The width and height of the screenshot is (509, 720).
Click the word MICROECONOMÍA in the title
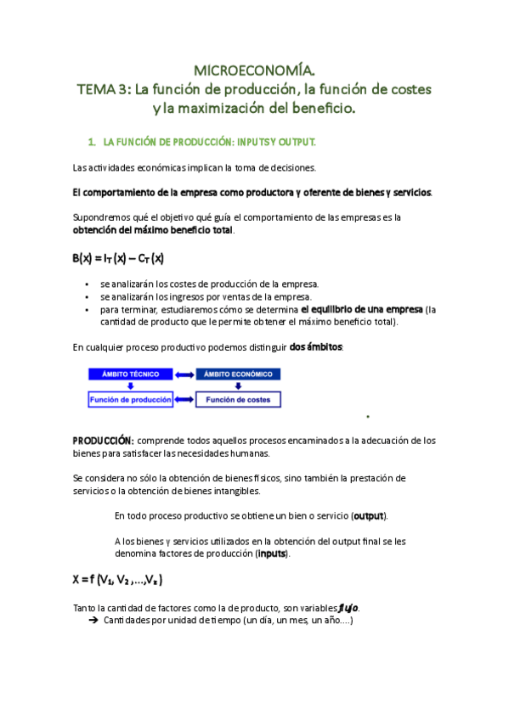point(254,69)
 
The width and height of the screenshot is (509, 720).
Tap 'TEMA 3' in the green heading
point(100,88)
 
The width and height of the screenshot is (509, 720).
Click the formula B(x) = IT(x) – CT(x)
point(118,257)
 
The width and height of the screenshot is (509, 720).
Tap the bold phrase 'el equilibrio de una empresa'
point(362,309)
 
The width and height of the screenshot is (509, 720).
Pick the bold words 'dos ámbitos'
point(316,347)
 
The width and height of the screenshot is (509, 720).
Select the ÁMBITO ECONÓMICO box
point(239,374)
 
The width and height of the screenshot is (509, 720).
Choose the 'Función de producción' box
point(130,399)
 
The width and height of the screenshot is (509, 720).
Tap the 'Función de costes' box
point(239,399)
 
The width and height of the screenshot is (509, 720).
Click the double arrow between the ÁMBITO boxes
point(184,374)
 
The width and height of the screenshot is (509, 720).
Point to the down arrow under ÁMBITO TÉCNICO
point(130,385)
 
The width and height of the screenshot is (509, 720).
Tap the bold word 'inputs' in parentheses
point(272,554)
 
